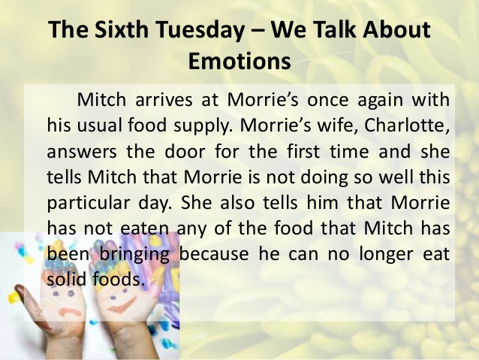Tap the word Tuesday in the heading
point(200,30)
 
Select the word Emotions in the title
point(239,61)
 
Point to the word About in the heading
point(396,29)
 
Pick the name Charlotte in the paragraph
point(407,125)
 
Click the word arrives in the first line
point(164,100)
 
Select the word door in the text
point(185,151)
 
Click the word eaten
point(144,228)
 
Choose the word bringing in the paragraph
point(134,255)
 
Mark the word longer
point(386,255)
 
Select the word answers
point(82,152)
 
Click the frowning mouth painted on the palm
point(70,313)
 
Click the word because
point(213,254)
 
